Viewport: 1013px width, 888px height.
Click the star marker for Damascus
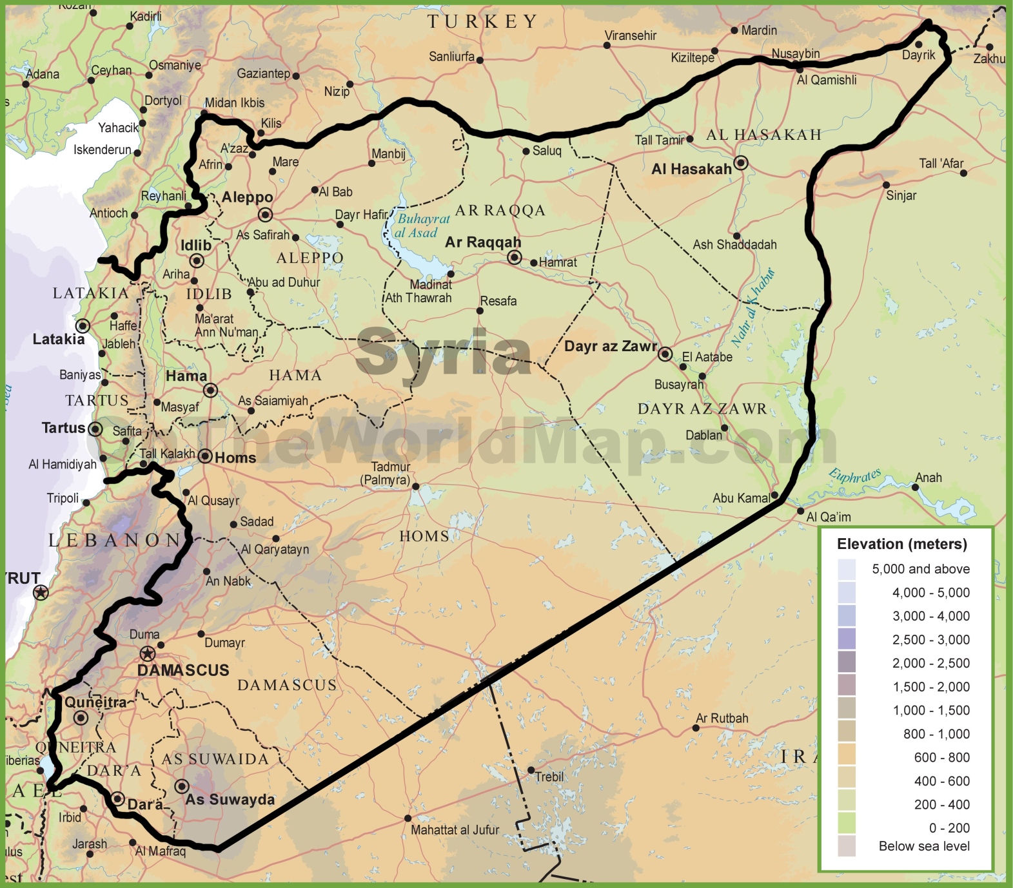[x=148, y=654]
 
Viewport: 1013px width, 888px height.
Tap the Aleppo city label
[x=247, y=197]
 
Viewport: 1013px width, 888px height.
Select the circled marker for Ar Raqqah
[x=514, y=258]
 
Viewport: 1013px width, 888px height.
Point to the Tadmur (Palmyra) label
[x=386, y=474]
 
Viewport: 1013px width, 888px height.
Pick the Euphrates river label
[x=854, y=476]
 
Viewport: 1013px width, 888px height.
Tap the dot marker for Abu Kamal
[x=774, y=496]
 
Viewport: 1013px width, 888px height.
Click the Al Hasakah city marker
[x=741, y=163]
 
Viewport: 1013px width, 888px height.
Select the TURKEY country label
[x=482, y=22]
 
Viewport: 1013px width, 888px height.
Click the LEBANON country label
[x=115, y=540]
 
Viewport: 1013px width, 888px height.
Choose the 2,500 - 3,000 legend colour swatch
[x=847, y=639]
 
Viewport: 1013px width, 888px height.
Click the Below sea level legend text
[x=923, y=846]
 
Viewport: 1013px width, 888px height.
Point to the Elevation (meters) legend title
[x=901, y=544]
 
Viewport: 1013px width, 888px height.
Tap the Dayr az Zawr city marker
[x=665, y=354]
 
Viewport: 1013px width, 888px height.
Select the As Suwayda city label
[x=230, y=800]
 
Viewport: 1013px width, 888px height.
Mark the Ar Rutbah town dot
[x=695, y=728]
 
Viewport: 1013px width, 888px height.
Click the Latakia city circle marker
[x=83, y=325]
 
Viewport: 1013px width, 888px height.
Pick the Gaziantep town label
[x=263, y=73]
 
